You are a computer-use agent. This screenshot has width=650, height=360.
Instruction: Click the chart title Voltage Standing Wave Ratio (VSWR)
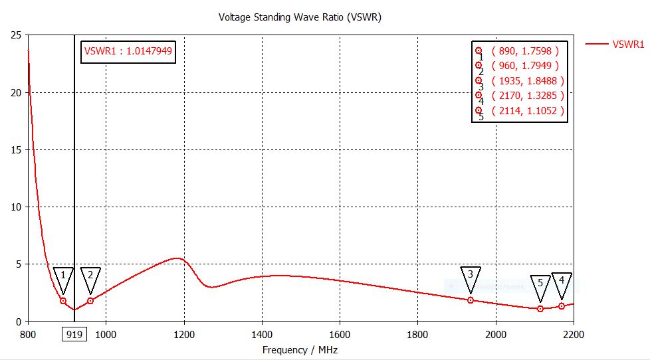(300, 17)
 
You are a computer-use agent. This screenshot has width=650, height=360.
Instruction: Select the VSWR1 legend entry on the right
(627, 45)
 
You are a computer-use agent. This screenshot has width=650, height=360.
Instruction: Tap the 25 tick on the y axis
(16, 35)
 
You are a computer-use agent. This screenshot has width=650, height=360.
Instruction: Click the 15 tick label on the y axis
(16, 150)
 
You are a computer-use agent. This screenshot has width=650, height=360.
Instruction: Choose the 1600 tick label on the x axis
(340, 335)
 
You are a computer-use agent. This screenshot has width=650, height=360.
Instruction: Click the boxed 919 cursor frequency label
(74, 335)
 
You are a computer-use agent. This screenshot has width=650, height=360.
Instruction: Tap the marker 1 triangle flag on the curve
(63, 278)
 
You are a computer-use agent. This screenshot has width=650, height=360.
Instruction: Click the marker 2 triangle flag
(90, 278)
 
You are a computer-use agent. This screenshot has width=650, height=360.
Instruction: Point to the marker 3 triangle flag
(471, 276)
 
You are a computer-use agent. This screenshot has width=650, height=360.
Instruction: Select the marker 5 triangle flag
(540, 285)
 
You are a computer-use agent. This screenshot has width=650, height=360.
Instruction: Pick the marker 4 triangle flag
(562, 283)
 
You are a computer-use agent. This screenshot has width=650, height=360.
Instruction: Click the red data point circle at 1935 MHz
(471, 300)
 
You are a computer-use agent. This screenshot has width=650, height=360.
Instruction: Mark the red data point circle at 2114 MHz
(540, 309)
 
